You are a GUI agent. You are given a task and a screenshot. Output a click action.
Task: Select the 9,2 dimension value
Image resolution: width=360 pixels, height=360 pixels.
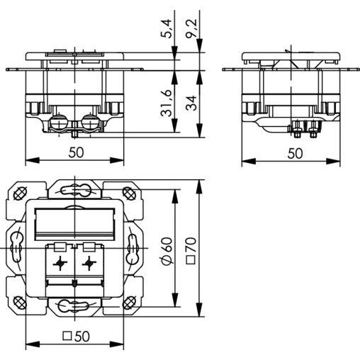[x=191, y=28]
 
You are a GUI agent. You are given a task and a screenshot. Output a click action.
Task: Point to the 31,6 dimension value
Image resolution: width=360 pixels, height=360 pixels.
[x=166, y=103]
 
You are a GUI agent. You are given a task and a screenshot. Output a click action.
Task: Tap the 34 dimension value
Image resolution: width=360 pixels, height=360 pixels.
[x=191, y=103]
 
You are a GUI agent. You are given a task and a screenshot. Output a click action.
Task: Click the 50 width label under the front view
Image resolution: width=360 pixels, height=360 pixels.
[x=76, y=152]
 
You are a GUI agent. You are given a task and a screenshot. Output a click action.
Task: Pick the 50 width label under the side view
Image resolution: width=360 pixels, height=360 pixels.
[x=295, y=154]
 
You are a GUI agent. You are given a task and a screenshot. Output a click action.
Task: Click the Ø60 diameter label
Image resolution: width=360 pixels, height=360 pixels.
[x=167, y=252]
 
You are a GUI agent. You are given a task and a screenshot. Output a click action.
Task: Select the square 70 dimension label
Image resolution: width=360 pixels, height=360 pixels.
[x=191, y=250]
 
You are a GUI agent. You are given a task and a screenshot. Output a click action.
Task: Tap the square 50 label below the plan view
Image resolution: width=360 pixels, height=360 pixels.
[x=76, y=336]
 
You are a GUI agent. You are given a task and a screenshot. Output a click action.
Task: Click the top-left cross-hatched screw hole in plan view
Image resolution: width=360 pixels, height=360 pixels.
[x=19, y=194]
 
